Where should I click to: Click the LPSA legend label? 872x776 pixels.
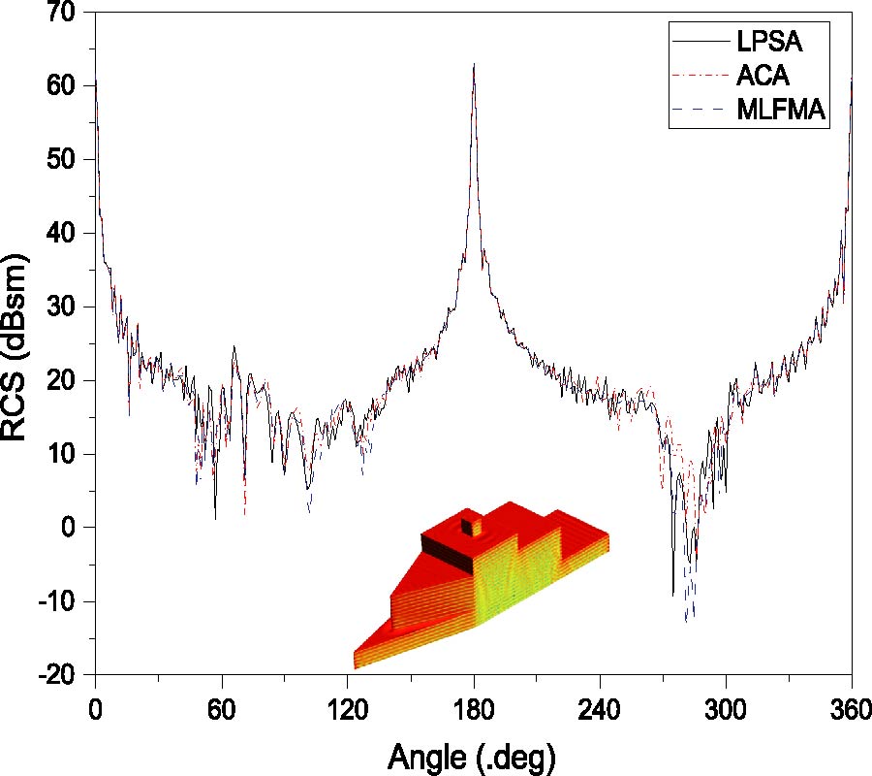click(x=772, y=43)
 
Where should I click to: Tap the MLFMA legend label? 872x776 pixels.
click(x=780, y=113)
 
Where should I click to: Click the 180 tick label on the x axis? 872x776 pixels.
click(x=474, y=708)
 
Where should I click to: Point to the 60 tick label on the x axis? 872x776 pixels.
click(x=222, y=708)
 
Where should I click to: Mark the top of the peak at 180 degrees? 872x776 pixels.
click(x=474, y=65)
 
